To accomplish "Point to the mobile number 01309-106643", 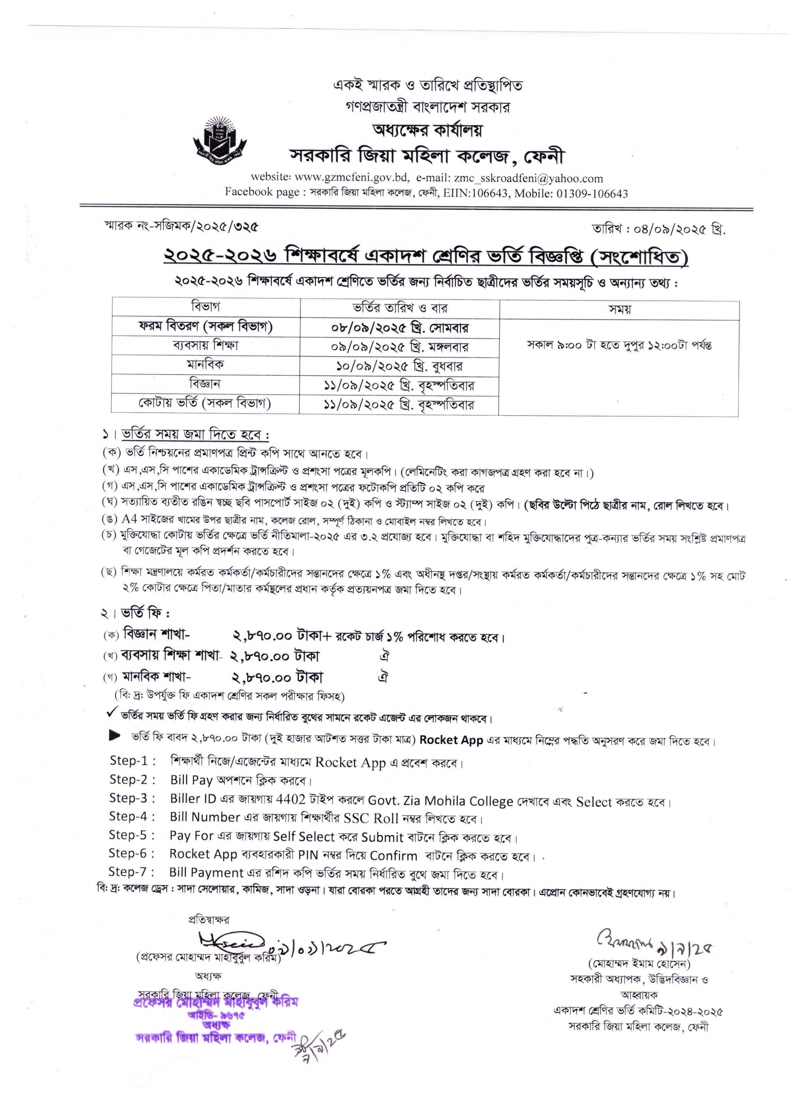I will coord(590,194).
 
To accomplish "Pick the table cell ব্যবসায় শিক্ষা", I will coord(206,346).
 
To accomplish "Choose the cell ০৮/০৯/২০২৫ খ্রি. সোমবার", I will coord(399,327).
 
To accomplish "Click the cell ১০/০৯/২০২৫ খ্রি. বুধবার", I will coord(399,366).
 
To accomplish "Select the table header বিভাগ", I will coord(206,307).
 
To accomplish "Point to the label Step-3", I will coord(132,798).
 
